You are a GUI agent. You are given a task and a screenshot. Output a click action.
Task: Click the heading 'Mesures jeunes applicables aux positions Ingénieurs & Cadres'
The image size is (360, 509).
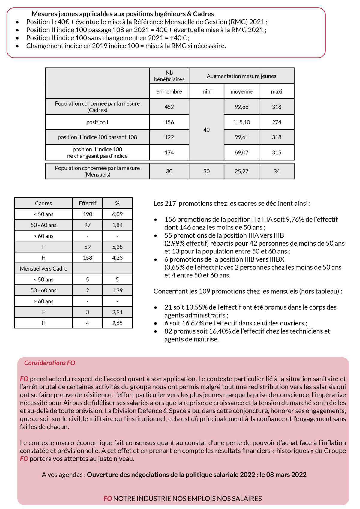[123, 14]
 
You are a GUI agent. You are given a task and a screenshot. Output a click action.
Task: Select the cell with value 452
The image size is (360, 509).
[169, 107]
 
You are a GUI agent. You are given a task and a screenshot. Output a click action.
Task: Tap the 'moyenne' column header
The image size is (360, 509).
[241, 91]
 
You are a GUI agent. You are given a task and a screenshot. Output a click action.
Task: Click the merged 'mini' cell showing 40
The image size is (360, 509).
[206, 130]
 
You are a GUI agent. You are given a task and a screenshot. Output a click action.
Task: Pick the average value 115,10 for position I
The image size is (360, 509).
[241, 122]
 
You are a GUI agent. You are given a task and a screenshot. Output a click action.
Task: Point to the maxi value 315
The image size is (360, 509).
[276, 152]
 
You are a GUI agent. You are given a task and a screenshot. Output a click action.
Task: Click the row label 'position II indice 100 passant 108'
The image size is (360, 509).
[97, 137]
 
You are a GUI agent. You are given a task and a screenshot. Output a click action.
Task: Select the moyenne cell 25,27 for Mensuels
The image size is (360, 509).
[241, 171]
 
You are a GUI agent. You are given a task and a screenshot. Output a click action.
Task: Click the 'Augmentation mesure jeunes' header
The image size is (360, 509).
[241, 76]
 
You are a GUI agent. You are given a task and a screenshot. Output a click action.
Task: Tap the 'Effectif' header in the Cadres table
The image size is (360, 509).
[87, 203]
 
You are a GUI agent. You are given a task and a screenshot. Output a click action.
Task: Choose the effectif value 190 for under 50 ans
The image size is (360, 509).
[87, 214]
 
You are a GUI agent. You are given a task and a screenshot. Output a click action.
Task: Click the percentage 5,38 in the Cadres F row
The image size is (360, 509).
[117, 247]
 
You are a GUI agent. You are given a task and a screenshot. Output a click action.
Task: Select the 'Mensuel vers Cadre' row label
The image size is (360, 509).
[43, 268]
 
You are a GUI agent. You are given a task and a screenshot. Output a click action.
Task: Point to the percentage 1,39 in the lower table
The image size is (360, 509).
[117, 290]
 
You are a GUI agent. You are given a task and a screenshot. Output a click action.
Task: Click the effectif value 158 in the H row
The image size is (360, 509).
[87, 258]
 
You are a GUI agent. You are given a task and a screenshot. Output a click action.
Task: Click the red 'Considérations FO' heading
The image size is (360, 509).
[49, 363]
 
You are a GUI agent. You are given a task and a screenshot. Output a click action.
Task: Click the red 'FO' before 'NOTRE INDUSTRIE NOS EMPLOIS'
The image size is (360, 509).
[108, 499]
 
